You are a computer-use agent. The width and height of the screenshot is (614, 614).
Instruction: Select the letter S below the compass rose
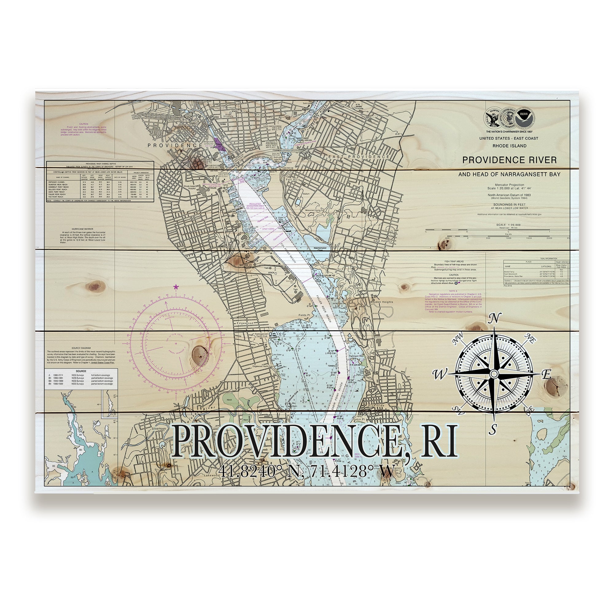tap(493, 430)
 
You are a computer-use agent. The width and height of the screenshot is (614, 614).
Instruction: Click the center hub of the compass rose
tap(494, 374)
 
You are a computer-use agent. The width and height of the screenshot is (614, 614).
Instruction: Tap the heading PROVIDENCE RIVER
tap(509, 160)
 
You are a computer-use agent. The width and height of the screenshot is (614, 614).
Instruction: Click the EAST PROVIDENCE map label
tap(359, 157)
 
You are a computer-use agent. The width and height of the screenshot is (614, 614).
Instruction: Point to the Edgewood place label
tap(243, 323)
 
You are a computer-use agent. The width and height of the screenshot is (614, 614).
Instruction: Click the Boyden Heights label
tap(381, 302)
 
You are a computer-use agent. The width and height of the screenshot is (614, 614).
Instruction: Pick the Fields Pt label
tap(304, 315)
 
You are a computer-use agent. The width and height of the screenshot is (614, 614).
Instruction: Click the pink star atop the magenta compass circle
tap(176, 287)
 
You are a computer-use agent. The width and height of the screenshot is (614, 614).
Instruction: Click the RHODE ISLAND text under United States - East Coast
tap(509, 146)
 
